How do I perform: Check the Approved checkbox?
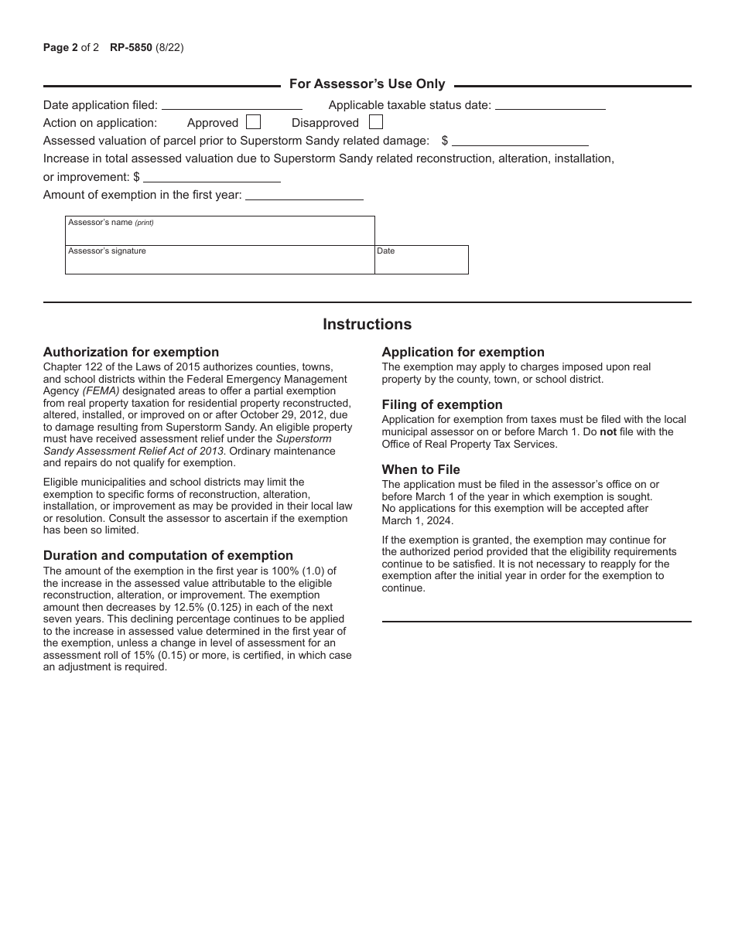[253, 122]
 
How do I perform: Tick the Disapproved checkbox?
[375, 122]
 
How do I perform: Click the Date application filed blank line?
[231, 105]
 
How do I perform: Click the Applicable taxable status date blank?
[549, 105]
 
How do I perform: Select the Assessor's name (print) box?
[220, 231]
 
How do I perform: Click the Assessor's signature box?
[220, 261]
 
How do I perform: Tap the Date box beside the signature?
[422, 261]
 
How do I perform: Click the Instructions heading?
[367, 325]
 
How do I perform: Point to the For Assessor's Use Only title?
[367, 84]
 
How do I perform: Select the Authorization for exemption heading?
[131, 353]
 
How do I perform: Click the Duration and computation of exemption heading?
[168, 556]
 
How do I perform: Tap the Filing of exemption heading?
[442, 405]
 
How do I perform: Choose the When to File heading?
[421, 470]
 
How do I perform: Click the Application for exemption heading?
[463, 353]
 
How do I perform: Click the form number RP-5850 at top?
[128, 48]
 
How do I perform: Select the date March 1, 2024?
[417, 520]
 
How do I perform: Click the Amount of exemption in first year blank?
[304, 196]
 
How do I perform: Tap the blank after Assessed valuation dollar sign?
[520, 141]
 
